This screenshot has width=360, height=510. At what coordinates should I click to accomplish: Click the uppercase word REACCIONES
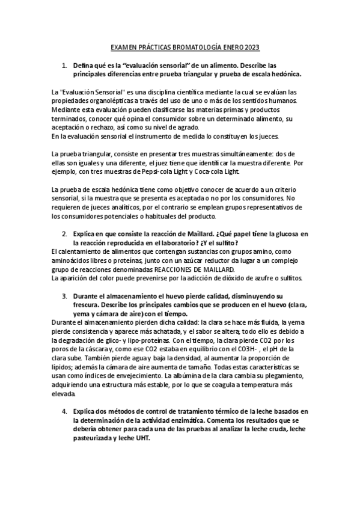177,269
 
